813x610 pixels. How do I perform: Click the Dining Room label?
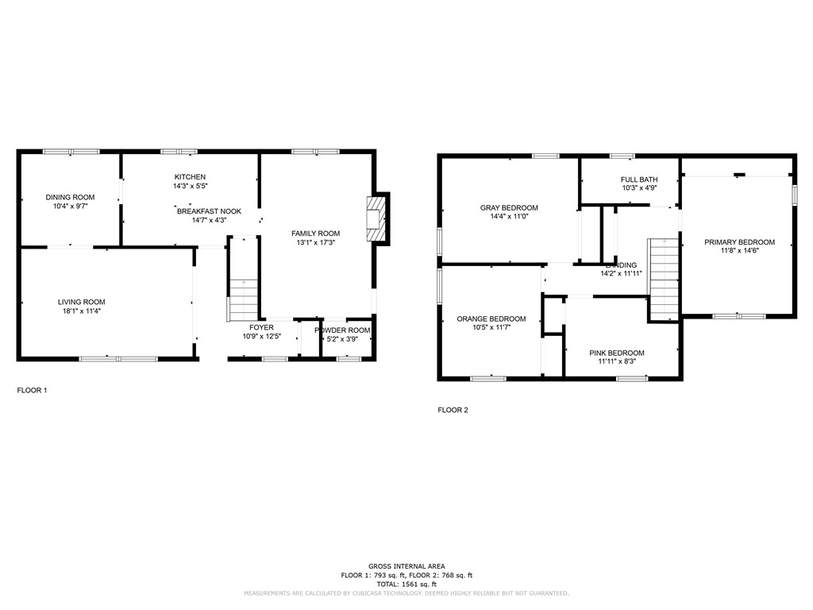[70, 197]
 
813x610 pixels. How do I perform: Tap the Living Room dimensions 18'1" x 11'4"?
[81, 311]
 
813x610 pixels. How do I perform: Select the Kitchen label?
[190, 176]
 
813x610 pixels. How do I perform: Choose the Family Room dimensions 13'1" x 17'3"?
[315, 243]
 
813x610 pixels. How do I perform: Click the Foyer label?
[261, 327]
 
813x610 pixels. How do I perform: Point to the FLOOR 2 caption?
[453, 411]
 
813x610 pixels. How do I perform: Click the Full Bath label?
[639, 180]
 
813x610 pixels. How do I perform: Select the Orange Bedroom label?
[491, 319]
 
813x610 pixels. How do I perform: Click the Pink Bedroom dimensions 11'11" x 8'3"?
[616, 362]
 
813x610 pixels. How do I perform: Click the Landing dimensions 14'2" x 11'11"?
[621, 273]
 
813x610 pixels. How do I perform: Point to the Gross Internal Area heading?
[406, 566]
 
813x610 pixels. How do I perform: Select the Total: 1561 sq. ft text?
[406, 584]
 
